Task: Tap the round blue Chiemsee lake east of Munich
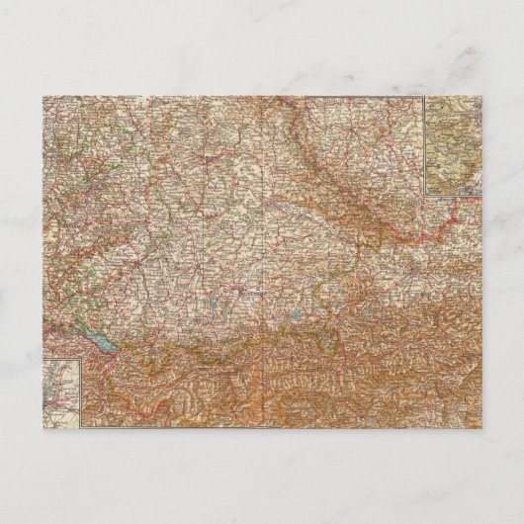coord(298,317)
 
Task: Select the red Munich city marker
coord(241,293)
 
